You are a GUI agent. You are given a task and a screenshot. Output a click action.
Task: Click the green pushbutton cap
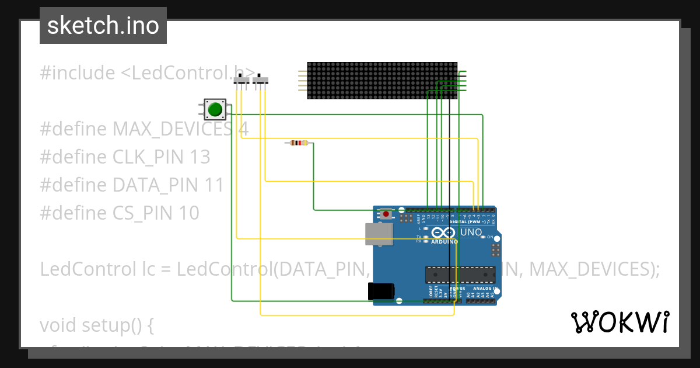215,109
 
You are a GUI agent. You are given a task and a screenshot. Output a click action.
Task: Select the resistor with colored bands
299,143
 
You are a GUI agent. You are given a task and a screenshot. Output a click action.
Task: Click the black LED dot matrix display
382,81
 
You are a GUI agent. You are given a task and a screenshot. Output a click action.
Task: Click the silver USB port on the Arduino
379,234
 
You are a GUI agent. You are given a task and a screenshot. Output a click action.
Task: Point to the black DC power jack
381,291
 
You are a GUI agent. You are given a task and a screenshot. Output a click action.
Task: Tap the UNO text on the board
471,232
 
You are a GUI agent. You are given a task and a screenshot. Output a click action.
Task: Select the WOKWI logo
619,322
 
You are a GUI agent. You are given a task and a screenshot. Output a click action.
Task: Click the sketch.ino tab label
103,26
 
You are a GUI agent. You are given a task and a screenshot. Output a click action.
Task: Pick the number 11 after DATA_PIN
213,185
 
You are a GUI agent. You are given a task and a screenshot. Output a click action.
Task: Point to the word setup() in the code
117,325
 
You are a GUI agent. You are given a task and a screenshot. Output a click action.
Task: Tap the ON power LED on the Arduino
484,237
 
